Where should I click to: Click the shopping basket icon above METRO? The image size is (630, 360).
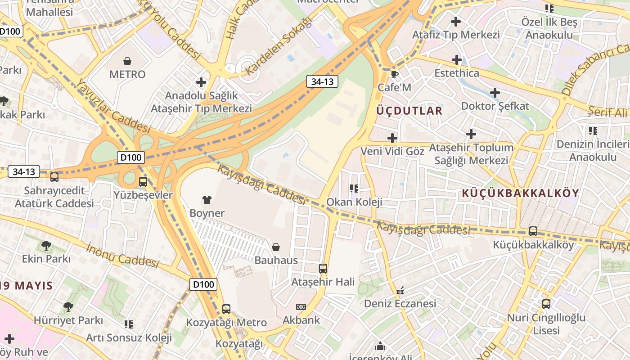[127, 61]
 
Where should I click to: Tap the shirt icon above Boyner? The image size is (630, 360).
[207, 199]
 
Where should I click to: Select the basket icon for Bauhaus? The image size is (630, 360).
[276, 247]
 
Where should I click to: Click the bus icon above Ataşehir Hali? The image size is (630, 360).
[323, 269]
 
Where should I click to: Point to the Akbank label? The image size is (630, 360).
[301, 320]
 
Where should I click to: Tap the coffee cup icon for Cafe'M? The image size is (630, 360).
[395, 74]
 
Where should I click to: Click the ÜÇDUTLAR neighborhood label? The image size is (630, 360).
[409, 111]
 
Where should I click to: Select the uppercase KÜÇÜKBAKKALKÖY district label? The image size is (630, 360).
[520, 193]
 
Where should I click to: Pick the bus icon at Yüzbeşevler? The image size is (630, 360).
[143, 182]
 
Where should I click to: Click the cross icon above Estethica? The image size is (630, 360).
[457, 59]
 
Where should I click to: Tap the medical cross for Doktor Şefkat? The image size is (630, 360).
[495, 93]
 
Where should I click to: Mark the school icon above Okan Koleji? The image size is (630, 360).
[354, 188]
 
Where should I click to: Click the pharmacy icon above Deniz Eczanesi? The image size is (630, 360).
[400, 290]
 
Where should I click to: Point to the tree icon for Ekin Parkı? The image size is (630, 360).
[46, 246]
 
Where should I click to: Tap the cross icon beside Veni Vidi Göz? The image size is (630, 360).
[392, 138]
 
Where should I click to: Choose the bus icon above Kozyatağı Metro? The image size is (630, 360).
[226, 309]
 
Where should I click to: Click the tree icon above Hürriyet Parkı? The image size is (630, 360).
[68, 307]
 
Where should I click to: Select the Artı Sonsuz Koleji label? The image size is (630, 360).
[129, 337]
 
